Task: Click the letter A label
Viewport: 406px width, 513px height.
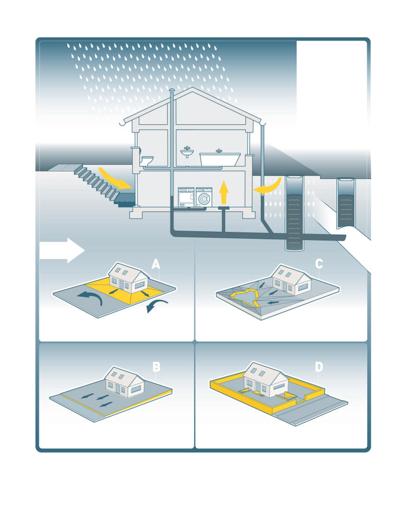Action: [156, 264]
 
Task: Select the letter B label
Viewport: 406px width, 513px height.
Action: [157, 367]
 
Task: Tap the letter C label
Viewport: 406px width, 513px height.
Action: [319, 264]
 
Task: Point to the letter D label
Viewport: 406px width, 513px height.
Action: [319, 367]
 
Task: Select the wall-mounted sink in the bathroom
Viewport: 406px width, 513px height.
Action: [187, 152]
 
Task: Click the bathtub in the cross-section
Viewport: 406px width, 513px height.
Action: [220, 159]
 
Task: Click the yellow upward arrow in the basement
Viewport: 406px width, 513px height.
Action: [223, 192]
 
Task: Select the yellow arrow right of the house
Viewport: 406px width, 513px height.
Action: [269, 186]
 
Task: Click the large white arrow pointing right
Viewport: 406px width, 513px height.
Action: [62, 250]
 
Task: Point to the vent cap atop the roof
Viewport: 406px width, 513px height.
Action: [172, 90]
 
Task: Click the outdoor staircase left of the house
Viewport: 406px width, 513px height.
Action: [104, 185]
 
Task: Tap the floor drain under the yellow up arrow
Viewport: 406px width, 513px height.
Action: [223, 207]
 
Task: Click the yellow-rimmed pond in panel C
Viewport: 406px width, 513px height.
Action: [244, 297]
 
